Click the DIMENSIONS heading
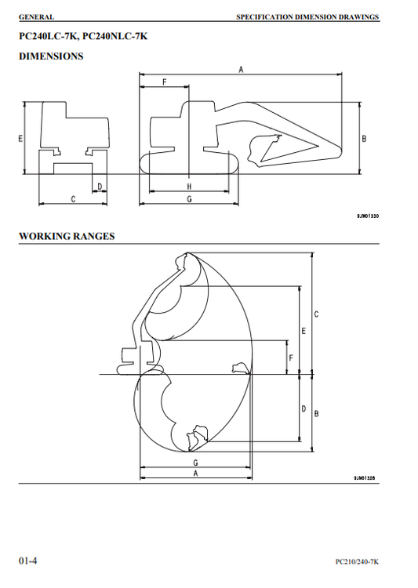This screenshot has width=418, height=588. click(51, 56)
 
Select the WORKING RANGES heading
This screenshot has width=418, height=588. click(67, 236)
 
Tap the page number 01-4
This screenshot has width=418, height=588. click(28, 561)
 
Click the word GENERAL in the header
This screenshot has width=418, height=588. click(36, 17)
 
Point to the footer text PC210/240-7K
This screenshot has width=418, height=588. click(357, 561)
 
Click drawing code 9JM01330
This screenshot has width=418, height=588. click(368, 216)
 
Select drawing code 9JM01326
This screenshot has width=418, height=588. click(365, 477)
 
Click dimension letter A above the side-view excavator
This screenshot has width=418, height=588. click(241, 69)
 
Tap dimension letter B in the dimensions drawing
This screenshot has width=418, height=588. click(364, 138)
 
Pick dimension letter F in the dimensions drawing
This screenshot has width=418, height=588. click(165, 82)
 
